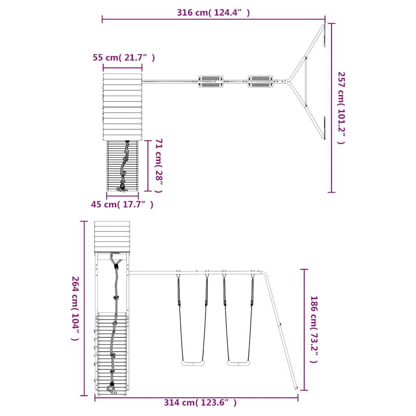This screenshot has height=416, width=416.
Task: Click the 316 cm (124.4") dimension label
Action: [213, 13]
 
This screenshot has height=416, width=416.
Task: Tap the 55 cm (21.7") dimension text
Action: [123, 57]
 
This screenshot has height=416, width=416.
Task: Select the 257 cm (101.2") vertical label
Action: [341, 108]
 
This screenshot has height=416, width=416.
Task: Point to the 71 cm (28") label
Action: [159, 166]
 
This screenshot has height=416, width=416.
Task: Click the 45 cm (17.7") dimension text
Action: [122, 204]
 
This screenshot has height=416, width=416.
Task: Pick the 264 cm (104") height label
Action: [75, 309]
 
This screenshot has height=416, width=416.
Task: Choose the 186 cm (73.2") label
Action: [314, 329]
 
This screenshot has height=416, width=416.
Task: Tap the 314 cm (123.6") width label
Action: [200, 403]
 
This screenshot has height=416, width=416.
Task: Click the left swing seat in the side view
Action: [193, 363]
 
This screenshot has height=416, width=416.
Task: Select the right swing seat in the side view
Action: [239, 363]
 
